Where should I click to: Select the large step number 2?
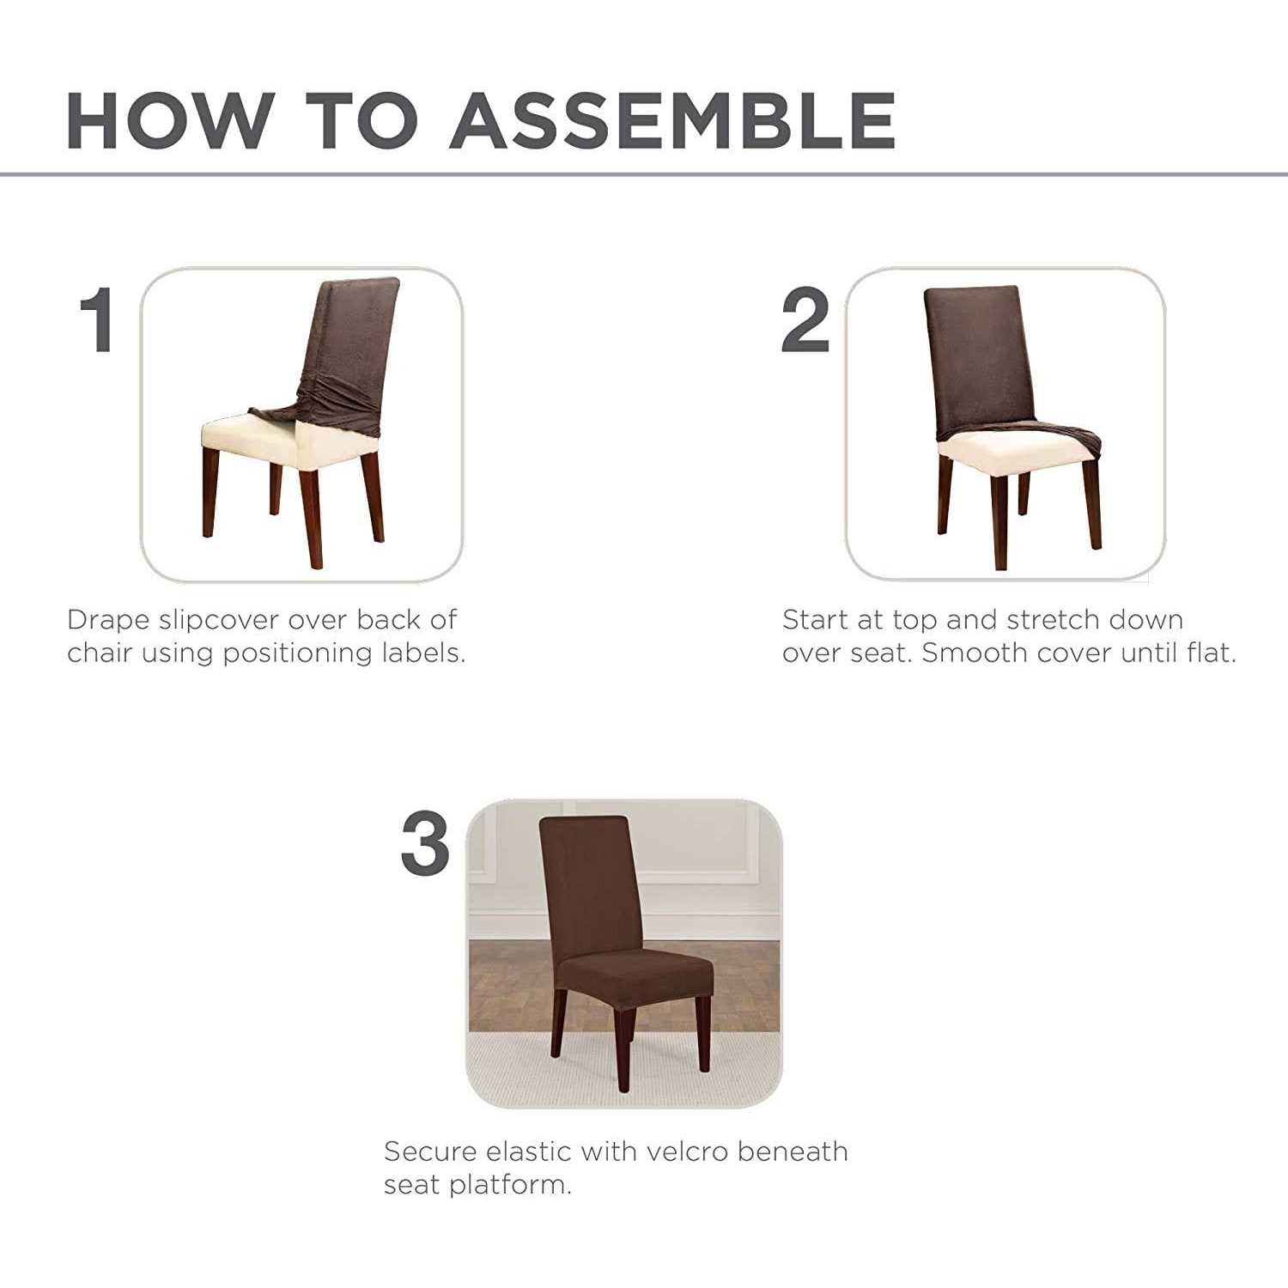click(805, 319)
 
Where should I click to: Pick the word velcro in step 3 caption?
click(686, 1151)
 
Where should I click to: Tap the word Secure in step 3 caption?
click(430, 1151)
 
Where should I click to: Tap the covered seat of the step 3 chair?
click(635, 977)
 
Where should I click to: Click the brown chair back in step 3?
click(586, 884)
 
